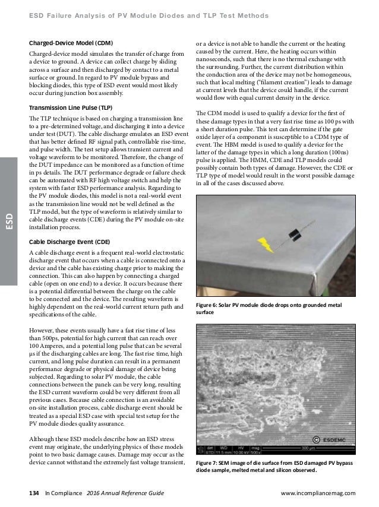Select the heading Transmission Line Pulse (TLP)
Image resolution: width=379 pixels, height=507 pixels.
point(71,107)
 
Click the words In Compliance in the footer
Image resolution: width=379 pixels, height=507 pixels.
point(64,493)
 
